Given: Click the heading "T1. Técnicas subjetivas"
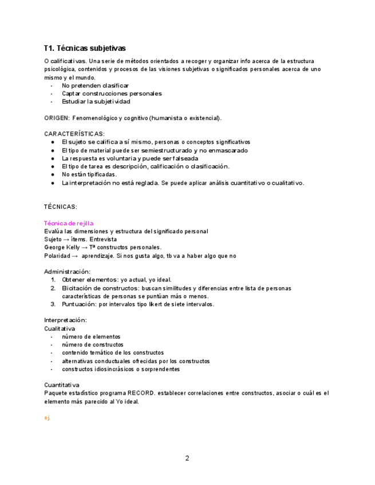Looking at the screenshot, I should point(85,48).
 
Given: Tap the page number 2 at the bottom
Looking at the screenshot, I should point(187,458).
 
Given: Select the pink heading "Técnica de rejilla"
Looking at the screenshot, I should point(69,223).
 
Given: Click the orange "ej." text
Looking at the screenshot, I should point(48,418).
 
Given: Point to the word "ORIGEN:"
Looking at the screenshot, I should point(57,118).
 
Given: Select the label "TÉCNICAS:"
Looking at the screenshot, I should point(61,206).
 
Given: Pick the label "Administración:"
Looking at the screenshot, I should point(67,271).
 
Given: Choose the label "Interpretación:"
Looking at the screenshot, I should point(66,320).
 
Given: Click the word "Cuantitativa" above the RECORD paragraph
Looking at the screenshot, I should point(62,385).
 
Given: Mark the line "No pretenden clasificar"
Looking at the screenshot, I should point(95,85).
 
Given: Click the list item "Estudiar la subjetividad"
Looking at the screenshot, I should point(96,101).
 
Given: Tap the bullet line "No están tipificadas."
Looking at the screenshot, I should point(89,174).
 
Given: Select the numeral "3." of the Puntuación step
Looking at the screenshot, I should point(53,304).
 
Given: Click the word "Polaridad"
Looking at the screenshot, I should point(57,256).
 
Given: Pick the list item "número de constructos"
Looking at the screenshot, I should point(92,345).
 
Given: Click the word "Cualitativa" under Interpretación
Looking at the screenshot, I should point(60,329).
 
